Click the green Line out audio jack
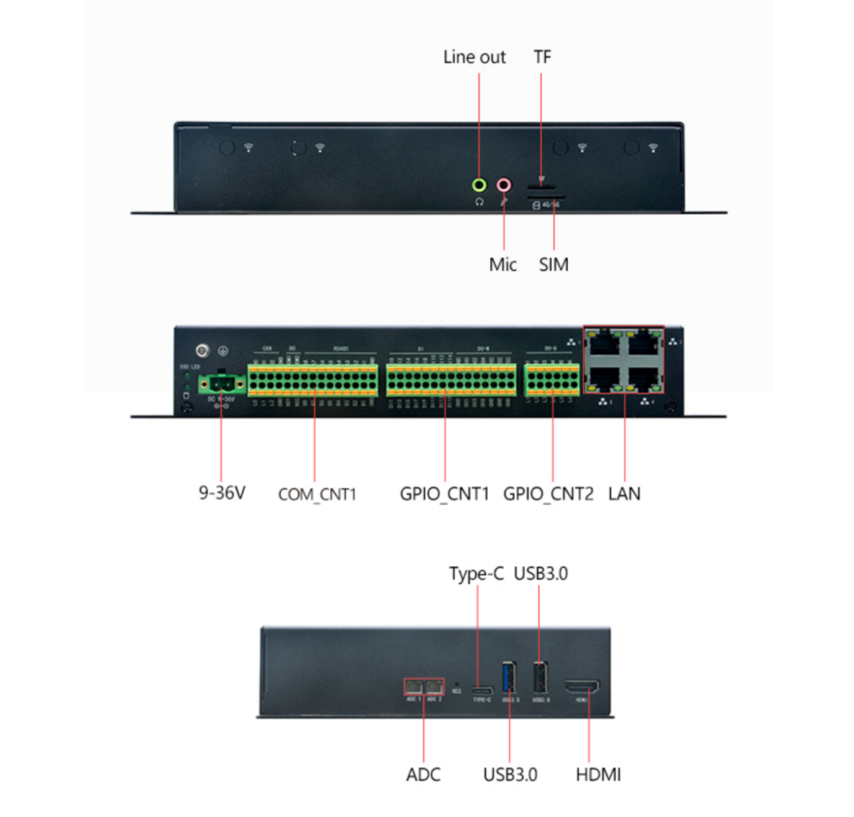(480, 185)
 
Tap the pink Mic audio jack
(504, 185)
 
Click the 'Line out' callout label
(475, 57)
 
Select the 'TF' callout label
(542, 57)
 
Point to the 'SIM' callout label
(553, 265)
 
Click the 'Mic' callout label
(503, 265)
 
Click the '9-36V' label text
(222, 494)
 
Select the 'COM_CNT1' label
(318, 495)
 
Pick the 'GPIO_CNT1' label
(444, 494)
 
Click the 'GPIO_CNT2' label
(549, 494)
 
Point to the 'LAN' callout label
(625, 494)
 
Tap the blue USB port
(510, 677)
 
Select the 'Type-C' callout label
(477, 574)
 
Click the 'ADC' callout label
(423, 775)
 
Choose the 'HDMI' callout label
(599, 775)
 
